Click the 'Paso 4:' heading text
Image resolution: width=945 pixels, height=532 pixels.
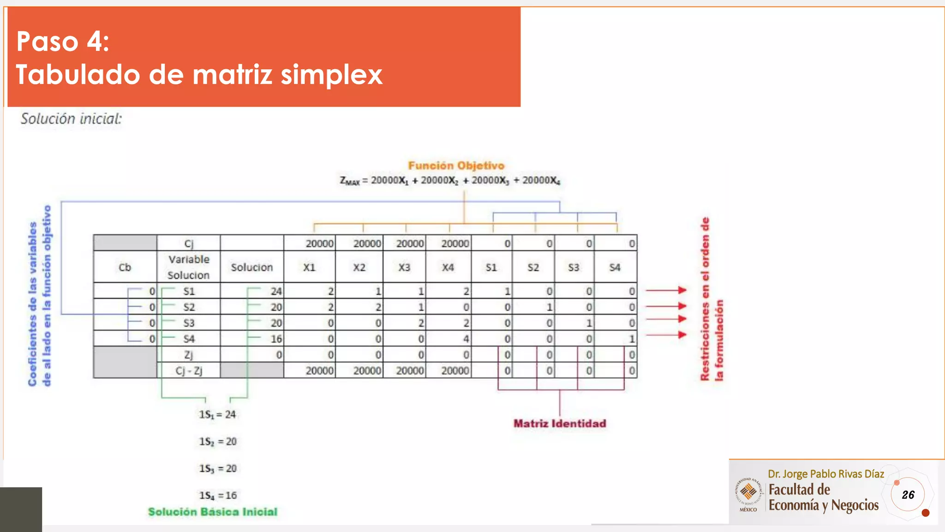tap(63, 42)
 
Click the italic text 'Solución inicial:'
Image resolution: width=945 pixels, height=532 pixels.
tap(71, 119)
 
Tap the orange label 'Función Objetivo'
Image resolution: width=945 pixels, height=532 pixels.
tap(456, 165)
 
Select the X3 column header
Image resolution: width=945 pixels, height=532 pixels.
tap(404, 267)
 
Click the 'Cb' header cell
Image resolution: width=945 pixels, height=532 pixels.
tap(125, 267)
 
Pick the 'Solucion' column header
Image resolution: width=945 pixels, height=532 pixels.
tap(251, 267)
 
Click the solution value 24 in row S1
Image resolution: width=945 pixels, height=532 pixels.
tap(276, 291)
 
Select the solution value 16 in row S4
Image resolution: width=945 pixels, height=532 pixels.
tap(276, 339)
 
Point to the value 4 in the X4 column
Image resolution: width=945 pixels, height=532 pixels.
tap(466, 339)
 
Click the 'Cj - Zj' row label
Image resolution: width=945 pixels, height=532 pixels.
tap(189, 370)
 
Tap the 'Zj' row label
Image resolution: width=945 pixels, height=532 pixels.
tap(189, 355)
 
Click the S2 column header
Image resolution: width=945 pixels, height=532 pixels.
tap(533, 267)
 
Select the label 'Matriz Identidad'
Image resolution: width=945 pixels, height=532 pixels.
tap(560, 423)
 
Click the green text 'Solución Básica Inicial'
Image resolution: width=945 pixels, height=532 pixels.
tap(213, 512)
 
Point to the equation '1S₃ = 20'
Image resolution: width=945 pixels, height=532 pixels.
tap(218, 468)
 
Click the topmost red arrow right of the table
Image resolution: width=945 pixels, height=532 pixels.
tap(666, 290)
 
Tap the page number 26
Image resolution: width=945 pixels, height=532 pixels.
tap(908, 495)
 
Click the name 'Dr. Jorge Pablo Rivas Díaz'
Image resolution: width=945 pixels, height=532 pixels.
tap(825, 474)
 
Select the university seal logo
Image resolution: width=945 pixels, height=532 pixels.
tap(748, 493)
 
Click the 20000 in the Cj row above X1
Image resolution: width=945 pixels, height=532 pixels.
tap(319, 243)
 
